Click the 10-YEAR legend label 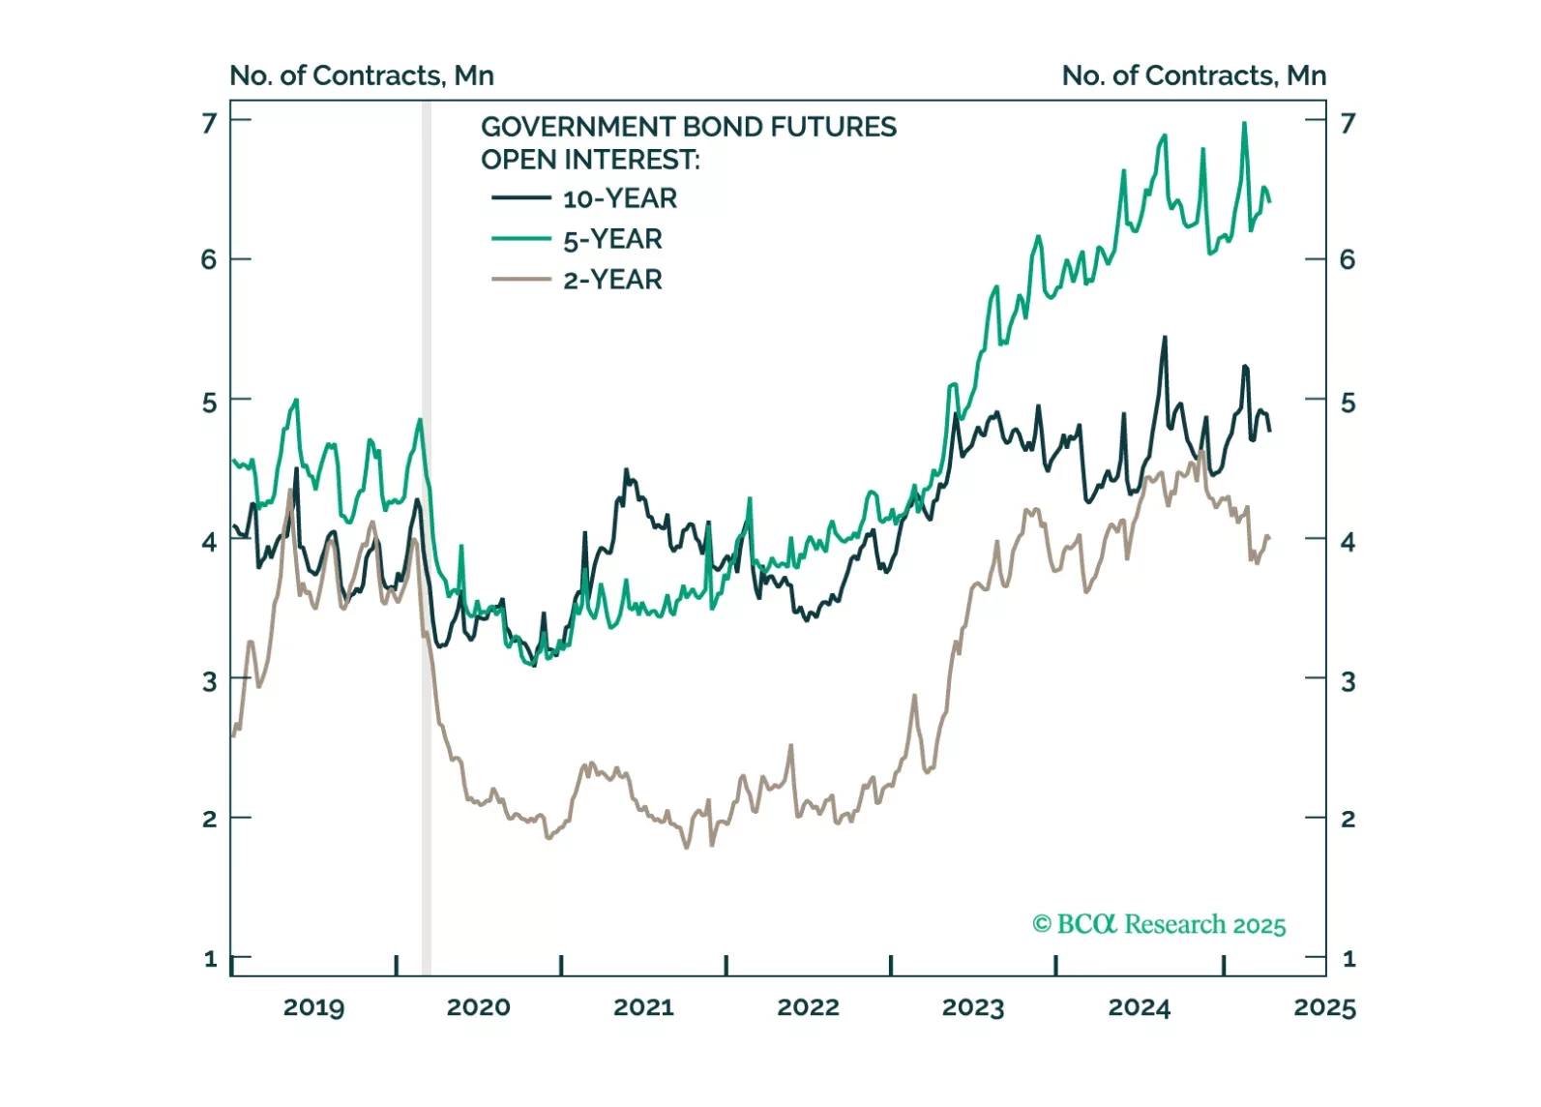tap(620, 198)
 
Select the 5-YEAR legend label tap(612, 239)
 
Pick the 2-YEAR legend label tap(612, 280)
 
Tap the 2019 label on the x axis tap(313, 1007)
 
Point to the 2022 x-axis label tap(808, 1007)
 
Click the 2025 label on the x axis tap(1324, 1007)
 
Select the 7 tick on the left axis tap(209, 123)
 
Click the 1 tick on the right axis tap(1348, 959)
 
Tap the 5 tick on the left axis tap(209, 402)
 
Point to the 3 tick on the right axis tap(1348, 681)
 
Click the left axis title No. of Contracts tap(362, 75)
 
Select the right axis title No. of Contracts tap(1194, 75)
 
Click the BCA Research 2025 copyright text tap(1159, 925)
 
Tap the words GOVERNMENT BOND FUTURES tap(689, 127)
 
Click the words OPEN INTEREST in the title tap(590, 160)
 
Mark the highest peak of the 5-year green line tap(1244, 123)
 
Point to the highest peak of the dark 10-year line tap(1165, 338)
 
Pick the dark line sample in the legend tap(521, 198)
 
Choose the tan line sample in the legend tap(521, 280)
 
